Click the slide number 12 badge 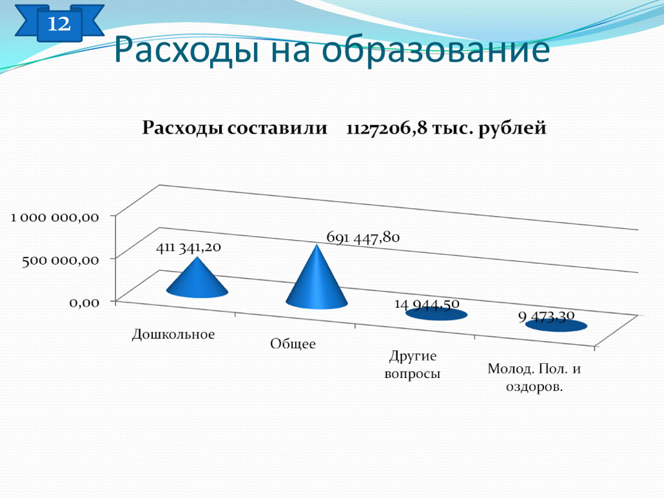59,23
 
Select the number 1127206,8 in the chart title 386,128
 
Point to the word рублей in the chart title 512,128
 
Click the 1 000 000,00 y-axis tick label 54,218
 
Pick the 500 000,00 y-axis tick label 60,260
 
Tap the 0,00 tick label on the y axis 84,302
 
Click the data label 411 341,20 189,247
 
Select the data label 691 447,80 363,237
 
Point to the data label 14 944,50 427,304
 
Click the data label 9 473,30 546,316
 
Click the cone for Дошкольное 197,281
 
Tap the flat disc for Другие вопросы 436,314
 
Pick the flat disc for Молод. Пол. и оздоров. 556,326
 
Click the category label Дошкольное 173,335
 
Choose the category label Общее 293,344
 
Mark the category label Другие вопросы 412,364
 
